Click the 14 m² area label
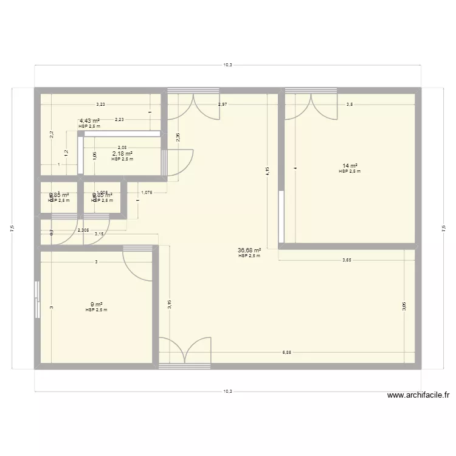pyautogui.click(x=350, y=166)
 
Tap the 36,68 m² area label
pyautogui.click(x=249, y=250)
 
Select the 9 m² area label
pyautogui.click(x=97, y=305)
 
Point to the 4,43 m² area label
pyautogui.click(x=89, y=121)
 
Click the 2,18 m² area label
pyautogui.click(x=122, y=154)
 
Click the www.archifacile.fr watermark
pyautogui.click(x=418, y=395)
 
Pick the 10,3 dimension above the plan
pyautogui.click(x=228, y=64)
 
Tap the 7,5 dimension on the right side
pyautogui.click(x=443, y=228)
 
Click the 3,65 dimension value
pyautogui.click(x=347, y=260)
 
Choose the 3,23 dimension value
pyautogui.click(x=100, y=105)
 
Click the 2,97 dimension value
pyautogui.click(x=223, y=105)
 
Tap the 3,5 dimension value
pyautogui.click(x=350, y=105)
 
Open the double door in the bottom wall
pyautogui.click(x=184, y=353)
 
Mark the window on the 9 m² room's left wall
pyautogui.click(x=38, y=300)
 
